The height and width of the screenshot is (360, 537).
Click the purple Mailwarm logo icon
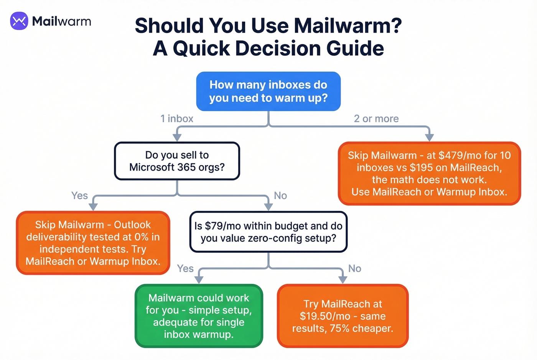(x=19, y=21)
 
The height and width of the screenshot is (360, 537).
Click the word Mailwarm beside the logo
(x=61, y=21)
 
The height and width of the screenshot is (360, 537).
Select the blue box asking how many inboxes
(x=268, y=91)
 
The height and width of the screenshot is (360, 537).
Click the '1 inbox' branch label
(x=177, y=119)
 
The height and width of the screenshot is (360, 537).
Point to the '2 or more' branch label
(x=376, y=119)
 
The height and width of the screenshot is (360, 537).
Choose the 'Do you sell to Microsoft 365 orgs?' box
(x=177, y=161)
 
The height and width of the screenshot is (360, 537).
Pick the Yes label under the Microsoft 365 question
(x=79, y=196)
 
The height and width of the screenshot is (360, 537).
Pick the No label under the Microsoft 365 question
(x=280, y=196)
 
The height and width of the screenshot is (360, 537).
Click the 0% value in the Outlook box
(x=141, y=237)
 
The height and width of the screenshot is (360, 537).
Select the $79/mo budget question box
(x=268, y=232)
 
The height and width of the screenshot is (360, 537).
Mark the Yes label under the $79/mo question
(x=185, y=268)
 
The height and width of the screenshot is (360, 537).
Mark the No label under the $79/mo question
(x=355, y=268)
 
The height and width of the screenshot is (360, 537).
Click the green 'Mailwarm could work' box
(x=199, y=316)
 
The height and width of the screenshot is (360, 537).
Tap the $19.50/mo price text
(x=325, y=316)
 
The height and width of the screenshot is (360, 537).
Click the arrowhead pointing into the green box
(x=199, y=280)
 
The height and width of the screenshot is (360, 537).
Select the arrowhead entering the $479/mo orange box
(x=429, y=137)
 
